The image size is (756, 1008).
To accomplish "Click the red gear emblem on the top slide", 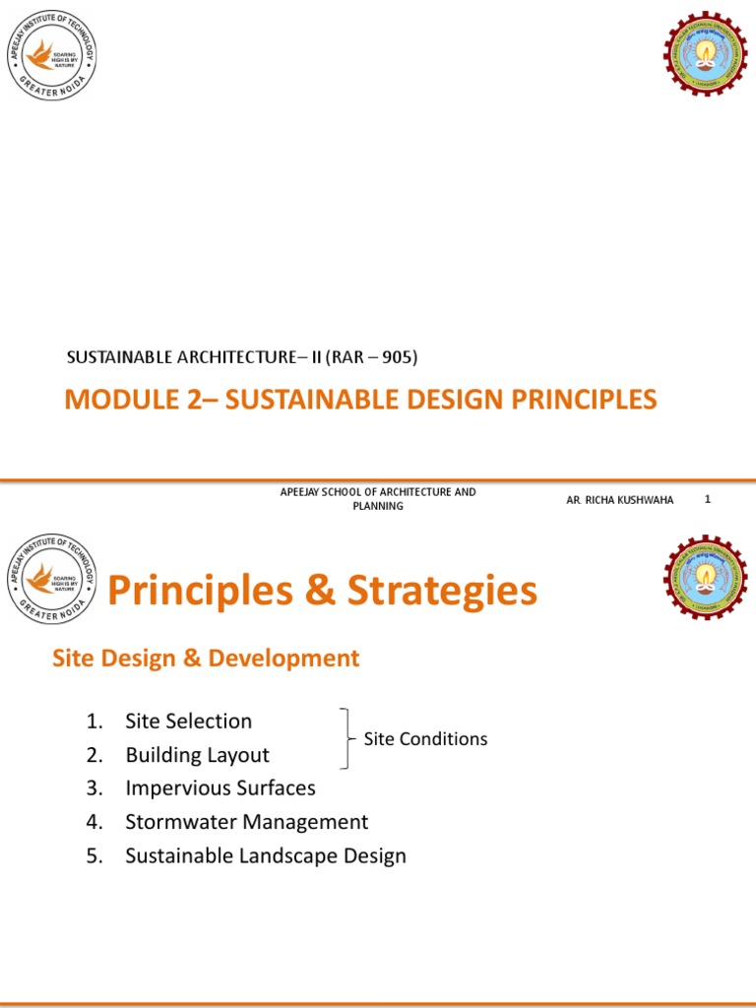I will [706, 56].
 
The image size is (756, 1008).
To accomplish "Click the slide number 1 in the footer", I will [707, 499].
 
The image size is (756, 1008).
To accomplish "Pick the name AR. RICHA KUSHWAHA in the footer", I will [620, 500].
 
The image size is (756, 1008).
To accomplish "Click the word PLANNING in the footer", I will [378, 506].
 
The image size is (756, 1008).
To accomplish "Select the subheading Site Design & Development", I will [206, 659].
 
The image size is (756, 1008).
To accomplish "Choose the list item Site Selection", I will [188, 722].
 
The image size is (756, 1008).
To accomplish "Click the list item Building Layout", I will [197, 755].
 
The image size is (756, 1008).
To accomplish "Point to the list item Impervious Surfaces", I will [220, 788].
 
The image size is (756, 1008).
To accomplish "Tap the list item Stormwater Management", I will [246, 822].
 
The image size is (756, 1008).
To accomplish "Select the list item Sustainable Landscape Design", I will [266, 855].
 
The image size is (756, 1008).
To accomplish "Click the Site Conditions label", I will [425, 738].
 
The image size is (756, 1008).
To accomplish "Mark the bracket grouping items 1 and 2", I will [346, 737].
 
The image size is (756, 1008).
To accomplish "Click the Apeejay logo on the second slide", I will [51, 577].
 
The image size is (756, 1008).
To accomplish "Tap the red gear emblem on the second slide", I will [706, 577].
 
